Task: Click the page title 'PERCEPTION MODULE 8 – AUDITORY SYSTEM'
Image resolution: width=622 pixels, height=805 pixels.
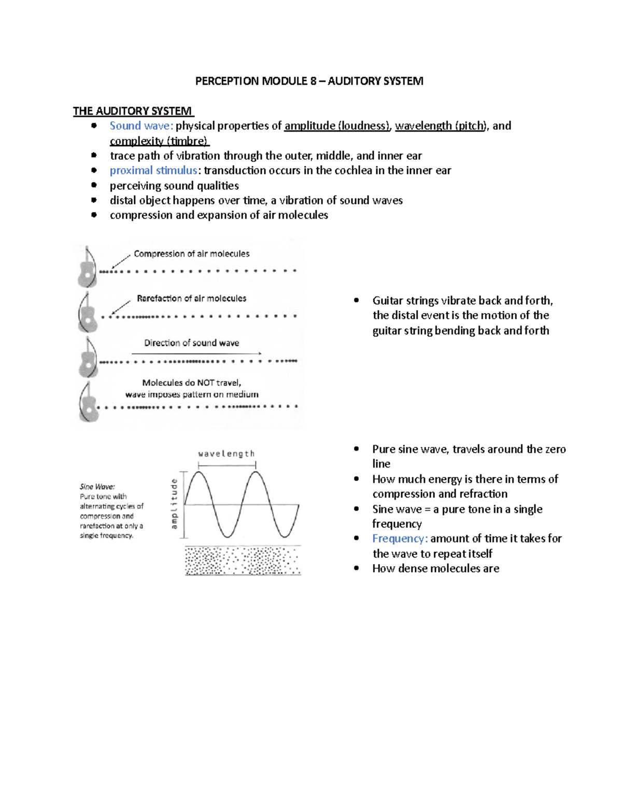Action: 309,81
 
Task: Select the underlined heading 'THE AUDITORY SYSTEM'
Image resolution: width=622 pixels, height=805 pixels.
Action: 133,111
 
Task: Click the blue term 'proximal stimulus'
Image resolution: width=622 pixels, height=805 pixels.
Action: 153,171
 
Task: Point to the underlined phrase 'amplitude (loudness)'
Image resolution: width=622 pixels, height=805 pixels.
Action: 337,126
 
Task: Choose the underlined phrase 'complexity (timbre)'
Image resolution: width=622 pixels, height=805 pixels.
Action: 159,141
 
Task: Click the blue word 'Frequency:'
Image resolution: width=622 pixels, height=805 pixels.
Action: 400,539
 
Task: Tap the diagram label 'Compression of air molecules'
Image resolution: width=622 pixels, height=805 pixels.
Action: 191,253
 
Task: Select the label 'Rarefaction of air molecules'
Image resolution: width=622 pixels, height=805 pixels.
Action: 191,298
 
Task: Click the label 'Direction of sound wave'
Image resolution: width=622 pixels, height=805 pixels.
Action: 191,343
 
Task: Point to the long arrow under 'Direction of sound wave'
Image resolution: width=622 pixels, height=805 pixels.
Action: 196,354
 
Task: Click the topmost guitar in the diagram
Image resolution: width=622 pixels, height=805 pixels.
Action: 87,267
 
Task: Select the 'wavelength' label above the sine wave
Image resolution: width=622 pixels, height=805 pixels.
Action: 227,454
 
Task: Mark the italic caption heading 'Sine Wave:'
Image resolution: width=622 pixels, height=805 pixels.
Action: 97,486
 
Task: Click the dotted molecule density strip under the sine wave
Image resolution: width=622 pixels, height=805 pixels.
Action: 243,560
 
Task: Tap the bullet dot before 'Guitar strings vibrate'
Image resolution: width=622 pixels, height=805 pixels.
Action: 356,300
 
